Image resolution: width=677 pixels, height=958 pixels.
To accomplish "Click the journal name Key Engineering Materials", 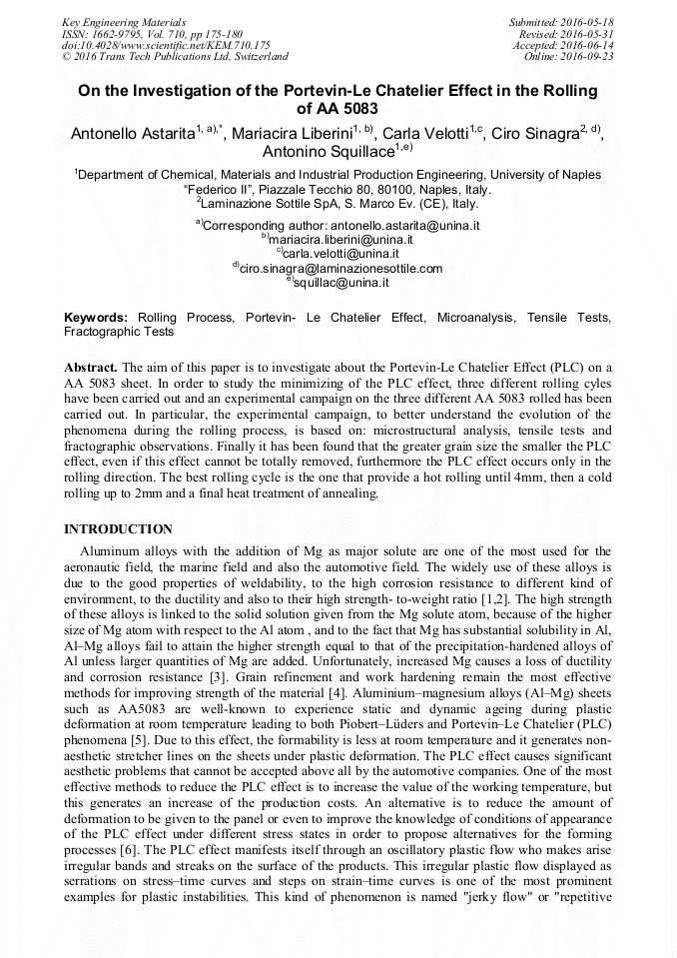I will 123,22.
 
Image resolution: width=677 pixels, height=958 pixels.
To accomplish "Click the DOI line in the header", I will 166,45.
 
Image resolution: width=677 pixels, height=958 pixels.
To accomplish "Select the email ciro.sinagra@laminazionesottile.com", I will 340,268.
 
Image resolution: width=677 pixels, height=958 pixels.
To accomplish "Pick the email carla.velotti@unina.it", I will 341,254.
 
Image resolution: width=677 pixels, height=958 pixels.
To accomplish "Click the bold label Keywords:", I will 96,317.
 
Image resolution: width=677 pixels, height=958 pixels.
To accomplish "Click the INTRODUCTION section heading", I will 118,528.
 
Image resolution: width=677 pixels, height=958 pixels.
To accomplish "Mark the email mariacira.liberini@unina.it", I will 341,240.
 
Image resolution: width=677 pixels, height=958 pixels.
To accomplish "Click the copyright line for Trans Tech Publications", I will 175,57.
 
